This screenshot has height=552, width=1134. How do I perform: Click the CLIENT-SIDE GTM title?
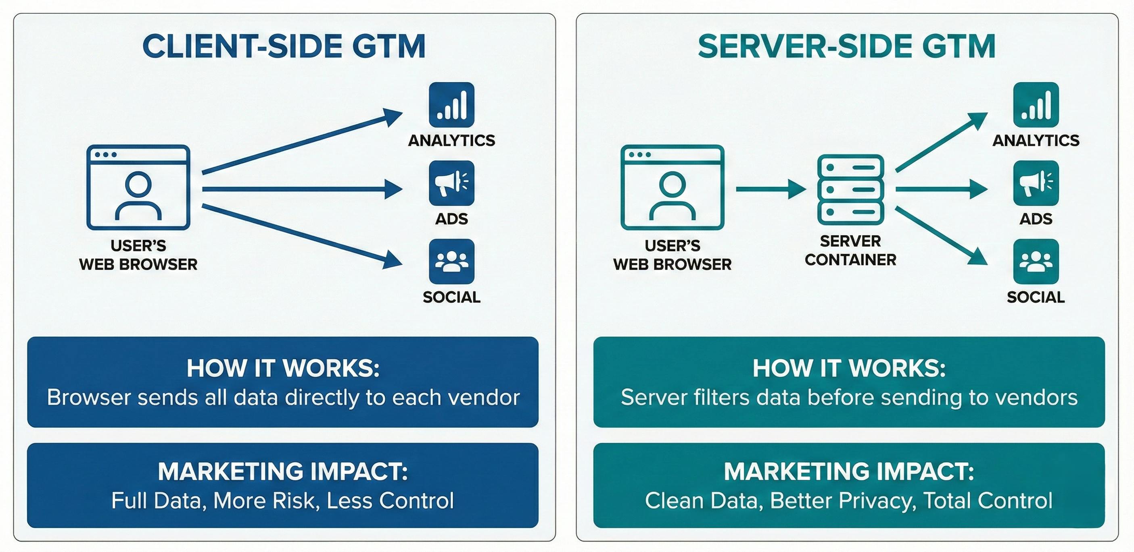(x=284, y=47)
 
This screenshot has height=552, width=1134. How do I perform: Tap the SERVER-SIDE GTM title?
(x=846, y=47)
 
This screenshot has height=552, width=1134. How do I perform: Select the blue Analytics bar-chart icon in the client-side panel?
(x=451, y=105)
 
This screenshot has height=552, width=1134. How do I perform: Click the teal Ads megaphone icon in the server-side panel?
(x=1036, y=183)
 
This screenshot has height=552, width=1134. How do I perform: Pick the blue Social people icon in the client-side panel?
(x=451, y=261)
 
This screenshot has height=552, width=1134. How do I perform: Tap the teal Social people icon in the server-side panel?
(x=1036, y=261)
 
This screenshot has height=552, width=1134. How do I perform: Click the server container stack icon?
(x=850, y=189)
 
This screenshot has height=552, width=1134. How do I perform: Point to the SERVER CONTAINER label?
(x=850, y=250)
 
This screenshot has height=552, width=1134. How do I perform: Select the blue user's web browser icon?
(x=138, y=187)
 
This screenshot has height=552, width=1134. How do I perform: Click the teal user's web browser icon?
(x=672, y=187)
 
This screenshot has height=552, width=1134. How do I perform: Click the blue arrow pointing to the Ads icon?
(x=301, y=189)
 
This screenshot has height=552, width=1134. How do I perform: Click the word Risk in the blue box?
(x=296, y=500)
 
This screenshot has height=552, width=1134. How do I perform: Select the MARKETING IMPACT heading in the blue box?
(x=283, y=471)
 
